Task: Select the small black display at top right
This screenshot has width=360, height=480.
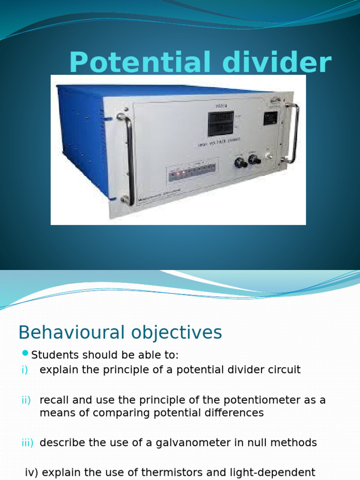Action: coord(270,118)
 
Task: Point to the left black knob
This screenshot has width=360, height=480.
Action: coord(241,162)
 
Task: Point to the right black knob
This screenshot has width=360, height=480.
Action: coord(255,160)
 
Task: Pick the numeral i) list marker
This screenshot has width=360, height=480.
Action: coord(24,370)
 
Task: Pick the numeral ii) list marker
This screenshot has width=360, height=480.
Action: coord(26,400)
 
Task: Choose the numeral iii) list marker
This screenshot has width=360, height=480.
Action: coord(27,442)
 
